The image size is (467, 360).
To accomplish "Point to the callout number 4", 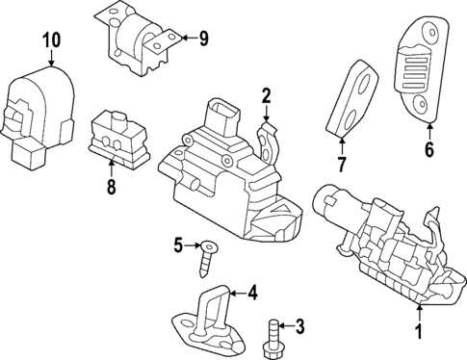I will [253, 292].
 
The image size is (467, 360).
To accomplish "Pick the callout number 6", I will [428, 148].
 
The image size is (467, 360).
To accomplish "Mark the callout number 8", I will [112, 188].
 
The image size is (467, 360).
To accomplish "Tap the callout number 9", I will [202, 39].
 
